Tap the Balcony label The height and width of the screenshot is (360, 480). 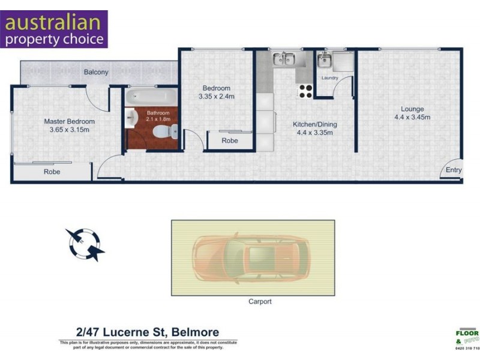tap(96, 72)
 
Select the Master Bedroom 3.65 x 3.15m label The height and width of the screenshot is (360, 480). tap(69, 125)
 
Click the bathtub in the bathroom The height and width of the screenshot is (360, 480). tap(151, 96)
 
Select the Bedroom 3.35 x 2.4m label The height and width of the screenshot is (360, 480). tap(216, 92)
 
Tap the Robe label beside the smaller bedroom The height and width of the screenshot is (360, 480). tap(229, 140)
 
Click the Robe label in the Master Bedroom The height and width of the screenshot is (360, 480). tap(52, 172)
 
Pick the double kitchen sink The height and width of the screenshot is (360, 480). tap(284, 59)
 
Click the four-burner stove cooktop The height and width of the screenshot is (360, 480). tap(305, 91)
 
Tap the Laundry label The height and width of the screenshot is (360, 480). tap(329, 78)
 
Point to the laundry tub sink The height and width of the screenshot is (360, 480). tap(325, 59)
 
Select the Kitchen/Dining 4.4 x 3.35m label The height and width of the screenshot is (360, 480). tap(312, 128)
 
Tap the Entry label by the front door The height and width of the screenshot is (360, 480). tap(454, 170)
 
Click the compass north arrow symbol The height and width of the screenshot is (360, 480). tap(85, 244)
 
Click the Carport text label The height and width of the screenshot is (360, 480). tap(260, 302)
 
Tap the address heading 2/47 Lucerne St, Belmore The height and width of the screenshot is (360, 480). tap(147, 332)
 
